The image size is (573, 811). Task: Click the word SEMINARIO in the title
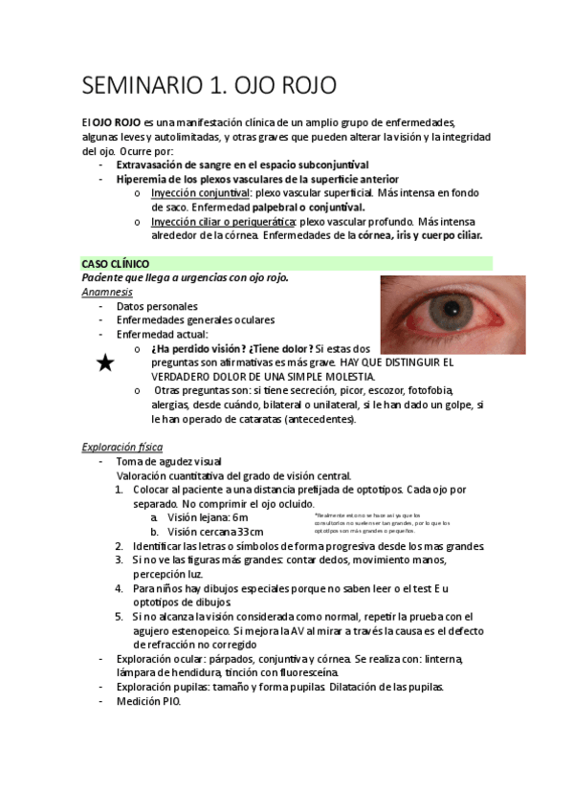click(x=137, y=85)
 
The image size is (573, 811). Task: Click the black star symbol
click(x=105, y=362)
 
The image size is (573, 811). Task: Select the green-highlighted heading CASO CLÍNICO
click(x=114, y=262)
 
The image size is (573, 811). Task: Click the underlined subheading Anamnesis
click(x=107, y=291)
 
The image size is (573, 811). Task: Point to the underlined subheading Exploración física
click(x=122, y=447)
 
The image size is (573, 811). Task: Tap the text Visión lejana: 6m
click(x=207, y=517)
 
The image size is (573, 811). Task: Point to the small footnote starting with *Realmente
click(x=381, y=522)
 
